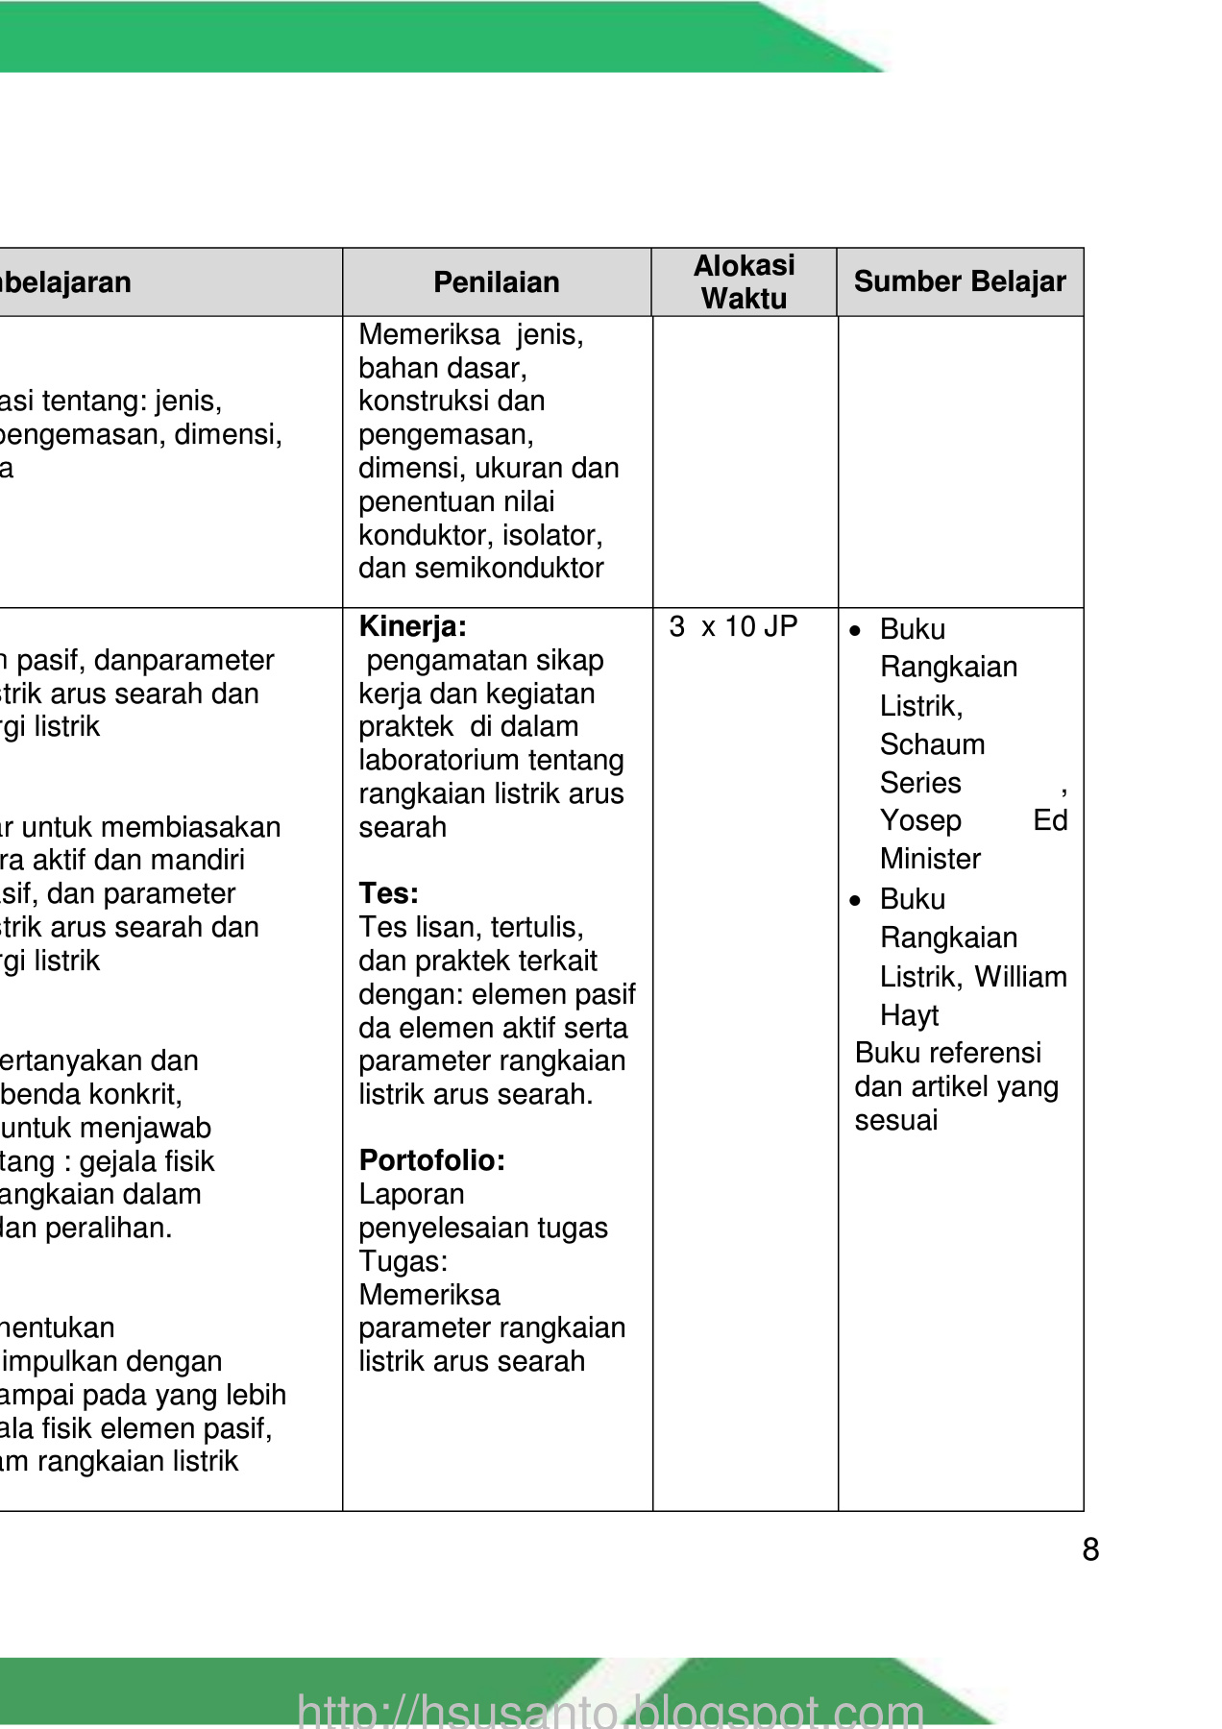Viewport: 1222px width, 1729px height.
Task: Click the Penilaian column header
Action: tap(496, 282)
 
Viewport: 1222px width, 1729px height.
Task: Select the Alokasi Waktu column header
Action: tap(744, 282)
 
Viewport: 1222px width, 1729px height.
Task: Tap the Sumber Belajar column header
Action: tap(959, 281)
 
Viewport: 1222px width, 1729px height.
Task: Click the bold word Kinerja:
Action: tap(412, 627)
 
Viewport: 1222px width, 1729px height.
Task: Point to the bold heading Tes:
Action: tap(388, 894)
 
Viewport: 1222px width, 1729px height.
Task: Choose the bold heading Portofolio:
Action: tap(431, 1160)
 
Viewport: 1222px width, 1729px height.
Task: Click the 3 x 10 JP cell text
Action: tap(733, 627)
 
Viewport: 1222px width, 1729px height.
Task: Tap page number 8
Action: tap(1090, 1550)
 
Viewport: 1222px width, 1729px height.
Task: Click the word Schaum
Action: tap(932, 744)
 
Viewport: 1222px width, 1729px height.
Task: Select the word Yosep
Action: tap(920, 820)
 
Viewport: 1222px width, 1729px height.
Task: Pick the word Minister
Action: tap(930, 859)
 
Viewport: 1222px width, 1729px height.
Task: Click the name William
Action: tap(1020, 977)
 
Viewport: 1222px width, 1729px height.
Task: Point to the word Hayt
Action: tap(909, 1015)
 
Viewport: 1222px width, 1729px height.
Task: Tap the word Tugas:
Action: tap(403, 1261)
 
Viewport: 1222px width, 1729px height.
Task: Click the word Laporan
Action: tap(411, 1195)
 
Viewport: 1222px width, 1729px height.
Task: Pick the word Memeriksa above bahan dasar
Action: tap(428, 334)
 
